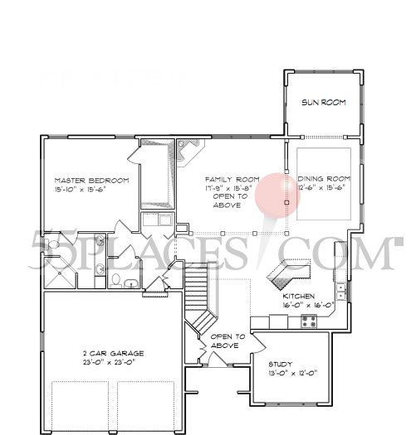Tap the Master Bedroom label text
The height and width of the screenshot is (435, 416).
tap(91, 179)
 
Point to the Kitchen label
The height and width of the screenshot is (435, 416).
tap(298, 296)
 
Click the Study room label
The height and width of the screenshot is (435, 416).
tap(281, 365)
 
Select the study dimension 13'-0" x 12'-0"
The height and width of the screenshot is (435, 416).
tap(292, 374)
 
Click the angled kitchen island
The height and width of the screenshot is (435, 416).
tap(286, 271)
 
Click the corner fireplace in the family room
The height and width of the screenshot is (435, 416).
tap(190, 152)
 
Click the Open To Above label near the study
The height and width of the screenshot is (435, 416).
tap(227, 341)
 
